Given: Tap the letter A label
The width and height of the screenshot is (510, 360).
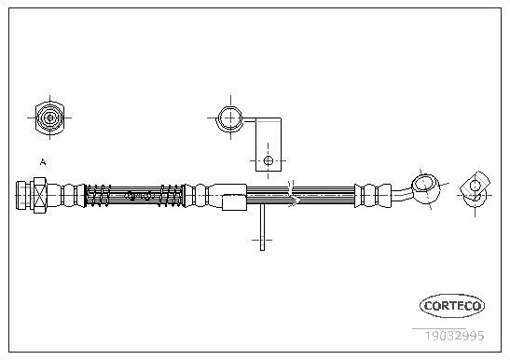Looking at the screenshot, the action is point(42,163).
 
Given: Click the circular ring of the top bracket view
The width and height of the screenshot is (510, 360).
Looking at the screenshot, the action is point(228,118).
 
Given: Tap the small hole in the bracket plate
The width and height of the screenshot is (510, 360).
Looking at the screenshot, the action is point(269,159).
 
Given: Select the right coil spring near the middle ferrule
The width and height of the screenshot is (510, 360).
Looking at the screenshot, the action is point(172,196).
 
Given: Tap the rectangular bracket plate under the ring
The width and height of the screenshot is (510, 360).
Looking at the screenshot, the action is point(269,149).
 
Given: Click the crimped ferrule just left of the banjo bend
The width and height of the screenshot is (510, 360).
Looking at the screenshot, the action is point(369,194).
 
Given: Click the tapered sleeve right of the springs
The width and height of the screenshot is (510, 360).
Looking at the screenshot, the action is point(228,196).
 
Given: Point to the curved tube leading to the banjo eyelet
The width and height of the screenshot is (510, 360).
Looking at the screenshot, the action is point(403,190).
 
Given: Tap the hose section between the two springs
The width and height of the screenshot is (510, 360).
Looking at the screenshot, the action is point(138,196).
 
